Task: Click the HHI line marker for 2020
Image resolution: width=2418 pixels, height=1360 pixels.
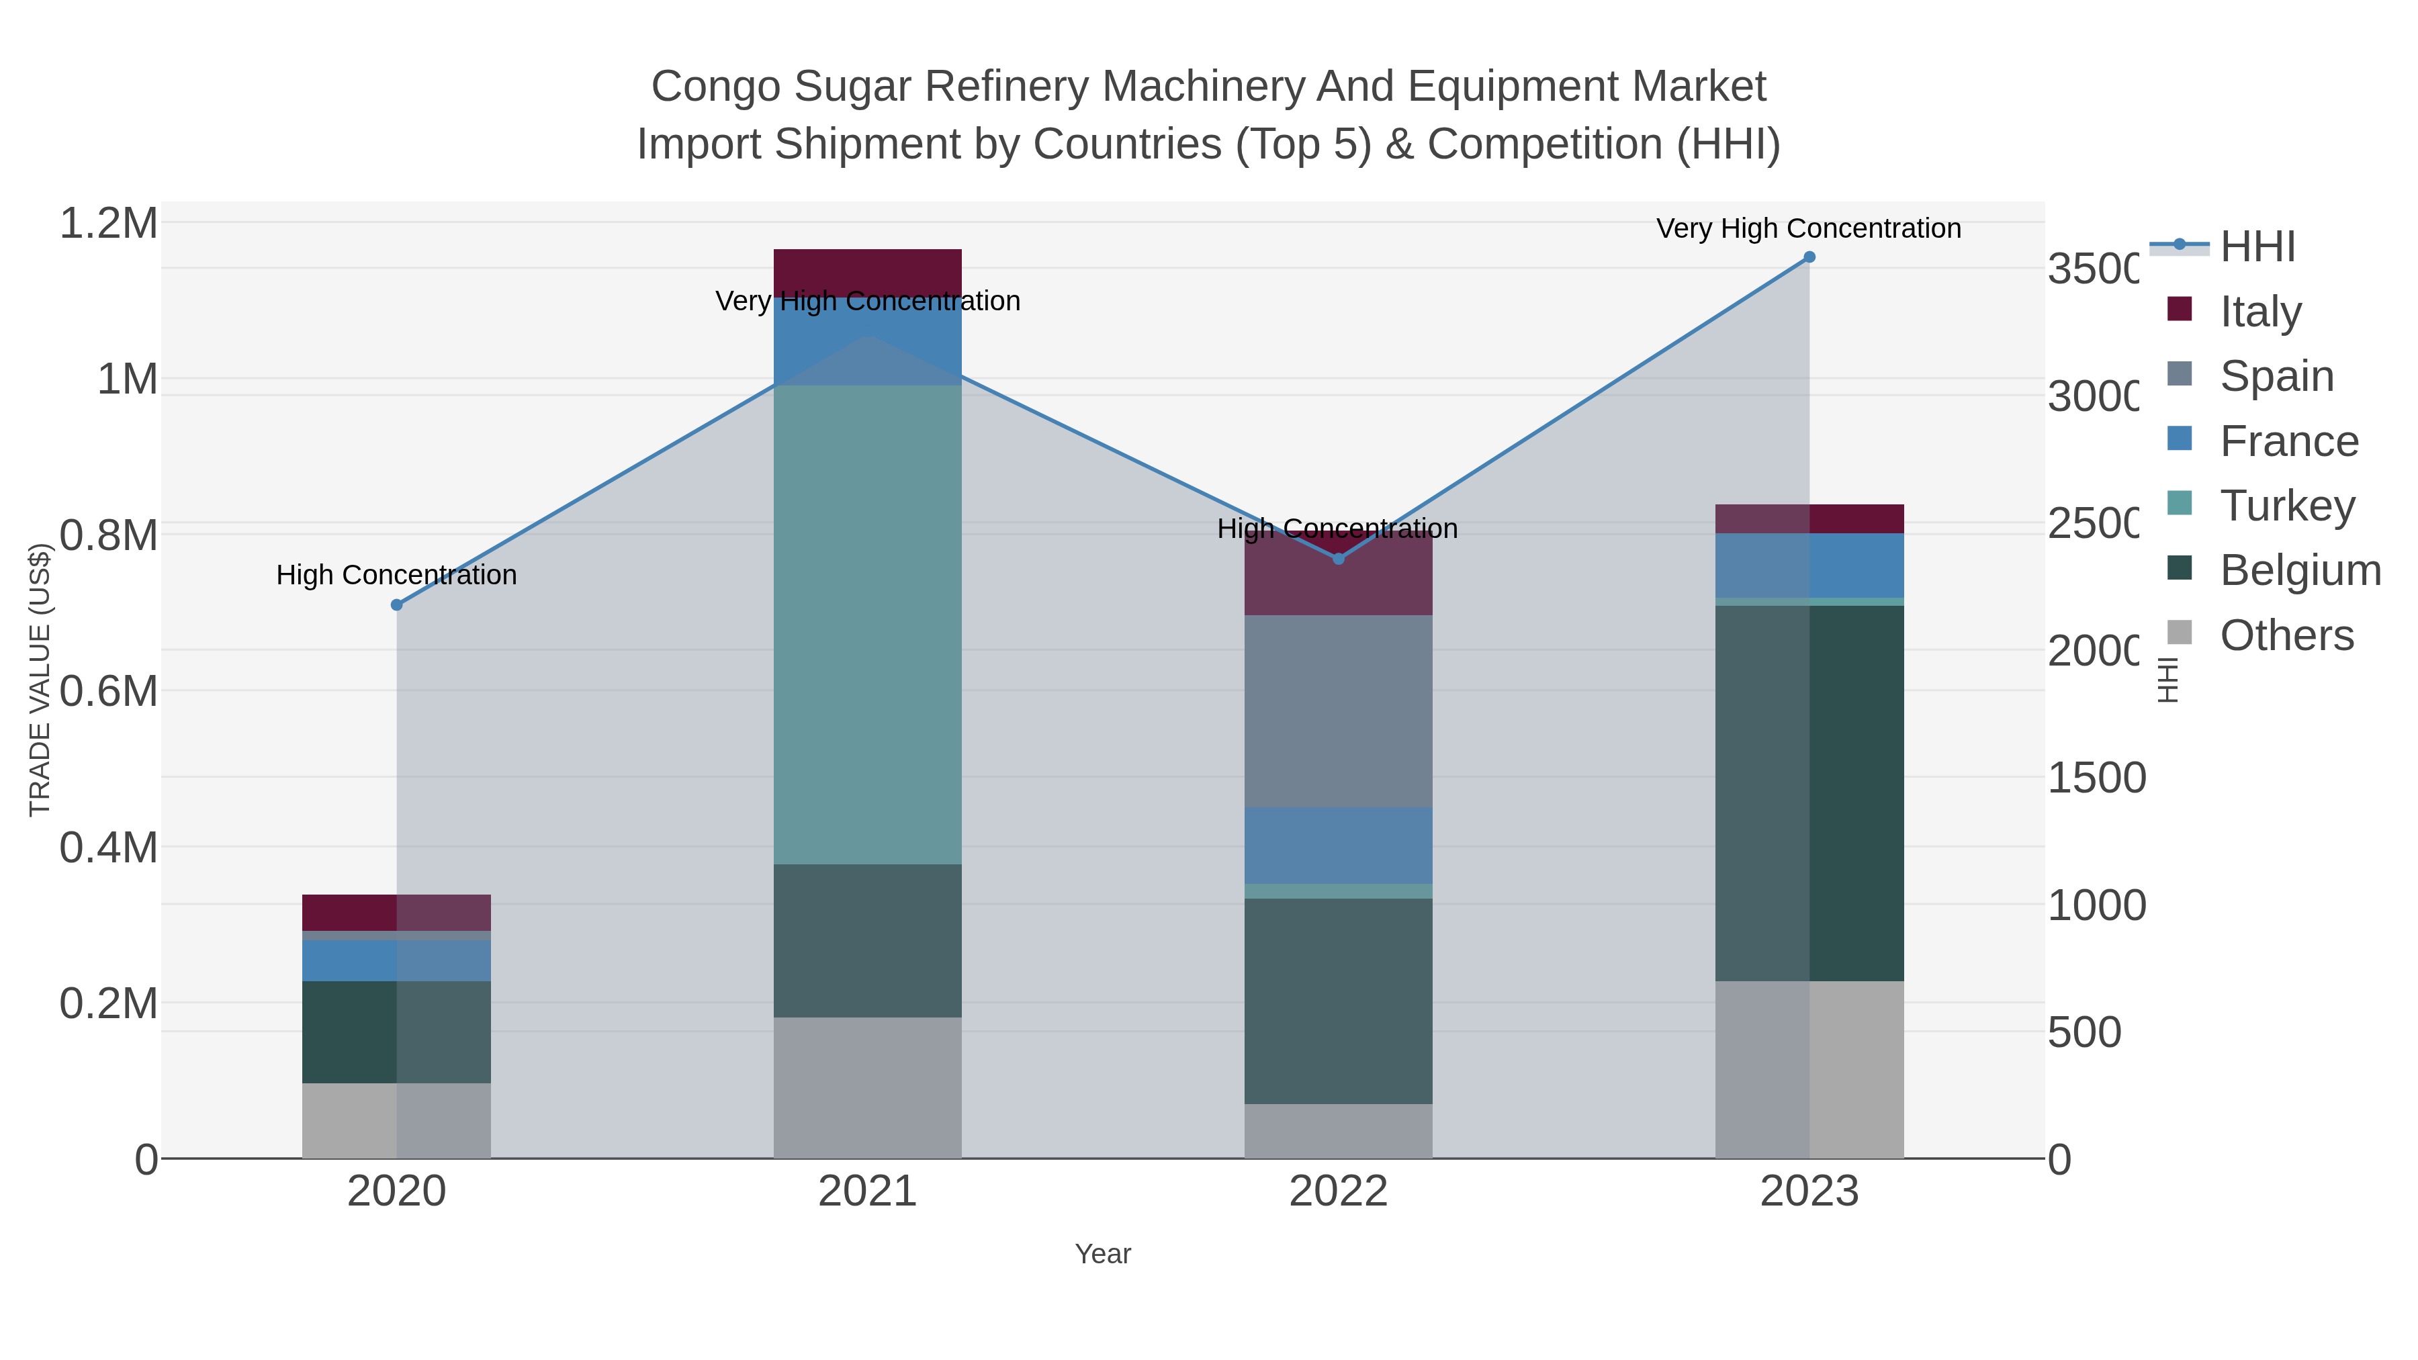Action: coord(396,605)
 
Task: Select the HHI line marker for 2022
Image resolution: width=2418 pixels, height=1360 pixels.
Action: coord(1339,559)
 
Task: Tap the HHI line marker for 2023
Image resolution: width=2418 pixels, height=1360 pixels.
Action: coord(1809,257)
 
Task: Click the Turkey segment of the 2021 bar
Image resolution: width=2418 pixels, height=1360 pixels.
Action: coord(867,624)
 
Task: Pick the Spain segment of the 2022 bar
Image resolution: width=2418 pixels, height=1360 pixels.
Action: coord(1339,711)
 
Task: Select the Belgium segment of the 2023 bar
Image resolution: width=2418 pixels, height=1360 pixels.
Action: coord(1809,793)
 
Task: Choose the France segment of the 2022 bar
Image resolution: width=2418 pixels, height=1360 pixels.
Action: coord(1339,845)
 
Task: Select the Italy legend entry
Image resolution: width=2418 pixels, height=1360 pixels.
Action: coord(2260,312)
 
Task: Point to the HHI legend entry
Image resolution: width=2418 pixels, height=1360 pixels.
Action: coord(2257,247)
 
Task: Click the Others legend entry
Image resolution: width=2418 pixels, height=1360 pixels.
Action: coord(2286,635)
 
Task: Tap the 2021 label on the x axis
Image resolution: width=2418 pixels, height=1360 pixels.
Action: coord(867,1192)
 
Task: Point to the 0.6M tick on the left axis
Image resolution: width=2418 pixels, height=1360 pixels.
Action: coord(109,692)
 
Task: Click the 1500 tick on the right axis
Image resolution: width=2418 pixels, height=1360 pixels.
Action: coord(2095,778)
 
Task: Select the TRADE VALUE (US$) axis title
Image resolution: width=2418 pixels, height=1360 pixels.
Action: coord(40,680)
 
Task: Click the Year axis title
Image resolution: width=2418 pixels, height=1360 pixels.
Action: coord(1102,1254)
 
